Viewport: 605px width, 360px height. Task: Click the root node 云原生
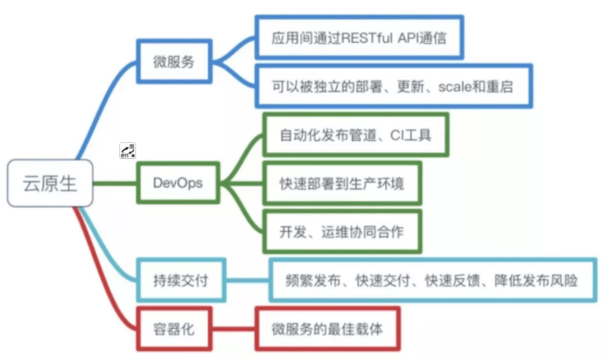pos(51,184)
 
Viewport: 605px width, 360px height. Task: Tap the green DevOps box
pos(176,183)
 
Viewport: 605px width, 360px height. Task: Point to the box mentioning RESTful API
pos(358,36)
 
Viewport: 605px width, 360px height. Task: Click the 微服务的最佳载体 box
pos(327,329)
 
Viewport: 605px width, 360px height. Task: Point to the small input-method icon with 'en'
pos(127,150)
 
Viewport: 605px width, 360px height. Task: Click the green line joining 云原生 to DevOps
pos(115,183)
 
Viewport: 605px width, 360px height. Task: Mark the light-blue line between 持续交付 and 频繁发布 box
pos(249,281)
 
